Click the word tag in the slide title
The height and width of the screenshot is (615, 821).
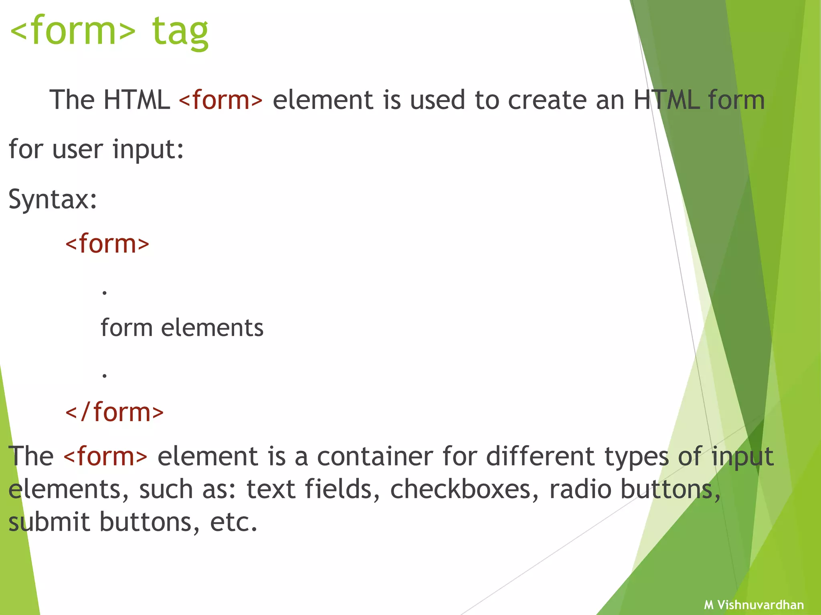click(180, 32)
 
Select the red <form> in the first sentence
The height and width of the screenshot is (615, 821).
click(221, 100)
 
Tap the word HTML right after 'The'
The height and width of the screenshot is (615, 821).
click(137, 100)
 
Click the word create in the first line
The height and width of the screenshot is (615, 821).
click(547, 100)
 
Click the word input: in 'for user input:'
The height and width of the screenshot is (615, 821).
click(148, 149)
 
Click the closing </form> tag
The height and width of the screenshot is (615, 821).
click(115, 412)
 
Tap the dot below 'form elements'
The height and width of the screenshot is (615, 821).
click(105, 376)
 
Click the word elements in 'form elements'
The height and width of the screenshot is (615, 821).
click(212, 328)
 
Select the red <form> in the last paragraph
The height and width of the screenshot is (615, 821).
click(105, 456)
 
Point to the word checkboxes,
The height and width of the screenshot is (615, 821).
click(465, 489)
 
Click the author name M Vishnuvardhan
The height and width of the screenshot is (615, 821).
click(754, 605)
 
